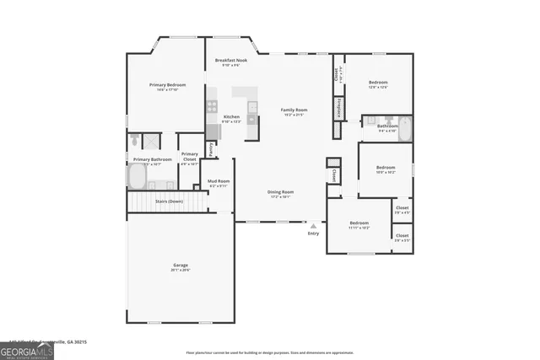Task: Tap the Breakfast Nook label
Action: (230, 61)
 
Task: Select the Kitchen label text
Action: (231, 117)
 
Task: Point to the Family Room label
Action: (294, 110)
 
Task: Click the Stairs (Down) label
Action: (169, 201)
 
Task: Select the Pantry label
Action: (211, 148)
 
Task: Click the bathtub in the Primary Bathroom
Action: (137, 177)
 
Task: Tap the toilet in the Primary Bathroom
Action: (135, 142)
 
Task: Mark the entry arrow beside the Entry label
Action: (314, 225)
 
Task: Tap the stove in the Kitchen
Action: (212, 106)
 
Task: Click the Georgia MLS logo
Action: (27, 350)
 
